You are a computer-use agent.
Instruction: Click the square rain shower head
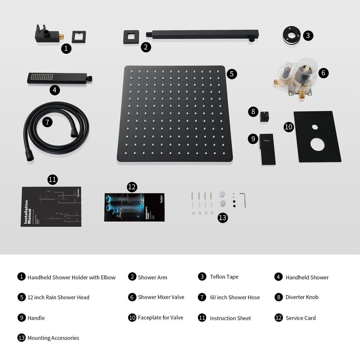coord(175,113)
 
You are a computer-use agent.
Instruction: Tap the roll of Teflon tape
coord(292,35)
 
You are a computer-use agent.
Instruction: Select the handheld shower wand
coord(58,78)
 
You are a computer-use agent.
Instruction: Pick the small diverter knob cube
coord(264,117)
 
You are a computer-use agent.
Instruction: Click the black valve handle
coord(267,149)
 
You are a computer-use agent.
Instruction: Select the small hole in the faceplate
coord(315,127)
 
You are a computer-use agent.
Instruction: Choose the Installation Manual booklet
coord(51,206)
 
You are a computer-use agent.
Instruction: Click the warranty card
coord(134,207)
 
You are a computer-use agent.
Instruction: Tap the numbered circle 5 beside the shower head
coord(232,74)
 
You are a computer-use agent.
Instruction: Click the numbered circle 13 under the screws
coord(223,217)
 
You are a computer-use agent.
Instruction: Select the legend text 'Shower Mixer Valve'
coord(161,297)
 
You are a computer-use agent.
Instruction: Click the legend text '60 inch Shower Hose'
coord(235,297)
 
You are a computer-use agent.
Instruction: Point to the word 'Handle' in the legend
coord(36,318)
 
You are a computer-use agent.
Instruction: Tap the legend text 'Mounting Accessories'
coord(53,338)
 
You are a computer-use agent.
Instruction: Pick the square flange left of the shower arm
coord(131,37)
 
